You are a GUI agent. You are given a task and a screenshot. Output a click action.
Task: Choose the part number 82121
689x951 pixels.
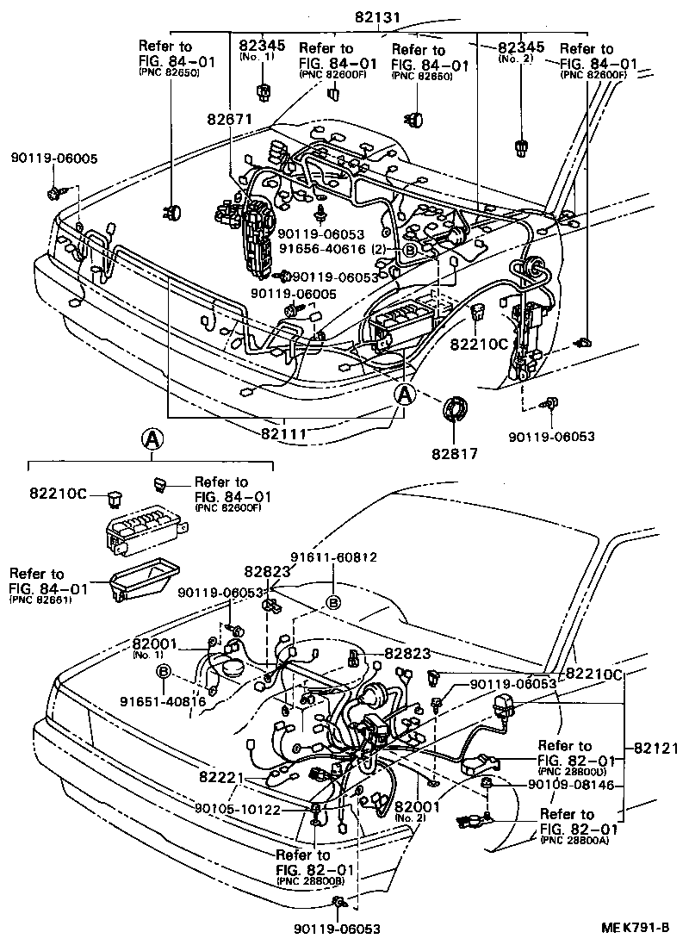[x=657, y=748]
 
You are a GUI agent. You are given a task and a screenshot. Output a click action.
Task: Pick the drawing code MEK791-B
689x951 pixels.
[x=636, y=928]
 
